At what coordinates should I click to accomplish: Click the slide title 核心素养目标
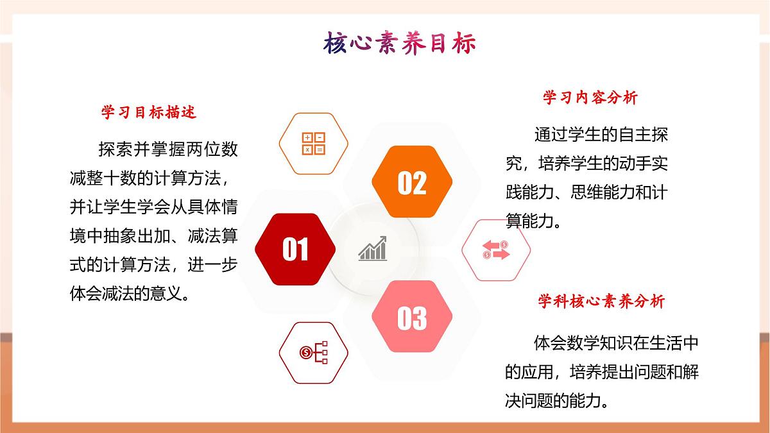pyautogui.click(x=400, y=44)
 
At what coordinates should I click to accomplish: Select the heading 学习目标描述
pyautogui.click(x=149, y=112)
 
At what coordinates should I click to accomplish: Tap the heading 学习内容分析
pyautogui.click(x=590, y=98)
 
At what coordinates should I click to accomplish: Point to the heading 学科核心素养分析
pyautogui.click(x=601, y=301)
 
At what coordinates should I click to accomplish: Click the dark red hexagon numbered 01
pyautogui.click(x=295, y=249)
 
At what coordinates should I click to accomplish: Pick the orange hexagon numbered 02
pyautogui.click(x=412, y=183)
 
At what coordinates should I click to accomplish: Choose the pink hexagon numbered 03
pyautogui.click(x=412, y=317)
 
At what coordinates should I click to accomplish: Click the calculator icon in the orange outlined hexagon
pyautogui.click(x=314, y=144)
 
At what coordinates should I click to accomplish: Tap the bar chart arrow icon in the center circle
pyautogui.click(x=373, y=249)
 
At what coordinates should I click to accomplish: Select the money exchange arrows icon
pyautogui.click(x=496, y=250)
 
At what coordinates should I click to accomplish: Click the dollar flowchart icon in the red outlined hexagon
pyautogui.click(x=314, y=352)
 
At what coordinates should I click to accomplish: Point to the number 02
pyautogui.click(x=412, y=183)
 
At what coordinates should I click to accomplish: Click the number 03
pyautogui.click(x=412, y=318)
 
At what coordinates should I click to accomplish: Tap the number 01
pyautogui.click(x=295, y=250)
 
